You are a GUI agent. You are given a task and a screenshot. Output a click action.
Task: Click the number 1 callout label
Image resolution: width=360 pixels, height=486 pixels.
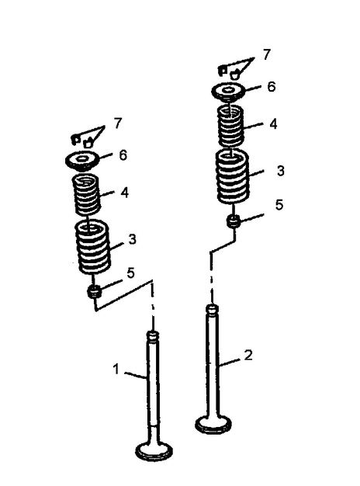[116, 369]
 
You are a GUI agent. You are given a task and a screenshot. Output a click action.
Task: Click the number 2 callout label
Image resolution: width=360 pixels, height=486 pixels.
[248, 356]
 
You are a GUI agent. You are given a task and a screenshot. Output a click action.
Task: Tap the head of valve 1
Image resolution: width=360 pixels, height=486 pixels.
[154, 452]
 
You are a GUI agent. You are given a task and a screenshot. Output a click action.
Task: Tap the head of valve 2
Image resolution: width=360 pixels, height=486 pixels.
[213, 425]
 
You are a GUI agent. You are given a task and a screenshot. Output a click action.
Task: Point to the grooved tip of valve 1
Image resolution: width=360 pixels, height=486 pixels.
[152, 336]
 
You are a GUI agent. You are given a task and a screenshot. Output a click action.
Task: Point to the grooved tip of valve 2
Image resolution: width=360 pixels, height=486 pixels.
[213, 310]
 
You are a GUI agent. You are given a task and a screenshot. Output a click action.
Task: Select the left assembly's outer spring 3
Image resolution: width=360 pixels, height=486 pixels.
[93, 246]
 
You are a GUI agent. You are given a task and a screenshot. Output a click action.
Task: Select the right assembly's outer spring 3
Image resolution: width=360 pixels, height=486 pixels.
[232, 177]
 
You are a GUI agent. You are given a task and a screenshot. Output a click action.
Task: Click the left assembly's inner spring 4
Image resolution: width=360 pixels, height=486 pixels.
[86, 195]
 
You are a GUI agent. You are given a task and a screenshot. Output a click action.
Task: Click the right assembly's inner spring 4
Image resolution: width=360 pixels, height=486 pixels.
[230, 126]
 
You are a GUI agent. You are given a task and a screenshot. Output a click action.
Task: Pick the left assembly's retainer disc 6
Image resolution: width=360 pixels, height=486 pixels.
[82, 161]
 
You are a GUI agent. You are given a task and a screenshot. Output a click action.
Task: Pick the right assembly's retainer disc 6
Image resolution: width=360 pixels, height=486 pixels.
[229, 92]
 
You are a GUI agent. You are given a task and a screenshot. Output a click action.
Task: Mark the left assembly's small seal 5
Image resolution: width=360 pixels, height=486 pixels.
[95, 292]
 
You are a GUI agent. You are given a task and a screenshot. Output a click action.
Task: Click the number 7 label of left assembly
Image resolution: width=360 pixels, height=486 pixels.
[118, 123]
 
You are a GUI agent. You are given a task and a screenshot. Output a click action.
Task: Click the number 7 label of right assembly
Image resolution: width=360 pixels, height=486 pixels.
[266, 55]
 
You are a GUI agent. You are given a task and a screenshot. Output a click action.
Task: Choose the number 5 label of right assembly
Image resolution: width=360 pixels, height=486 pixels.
[279, 205]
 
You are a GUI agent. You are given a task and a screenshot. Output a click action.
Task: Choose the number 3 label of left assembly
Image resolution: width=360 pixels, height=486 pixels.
[133, 239]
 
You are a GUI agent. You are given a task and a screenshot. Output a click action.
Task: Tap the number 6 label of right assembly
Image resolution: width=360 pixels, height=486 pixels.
[271, 87]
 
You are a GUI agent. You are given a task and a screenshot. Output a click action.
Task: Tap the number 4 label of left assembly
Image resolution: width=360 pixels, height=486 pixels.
[124, 193]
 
